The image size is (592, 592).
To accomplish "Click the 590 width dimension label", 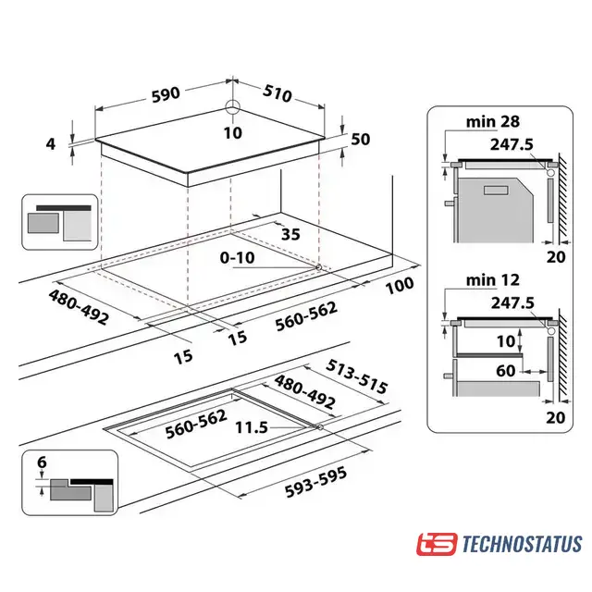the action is [166, 94].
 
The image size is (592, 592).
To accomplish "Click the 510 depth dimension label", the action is [277, 93].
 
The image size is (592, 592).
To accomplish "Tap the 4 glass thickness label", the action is [51, 144].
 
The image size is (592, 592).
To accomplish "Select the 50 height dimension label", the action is [361, 140].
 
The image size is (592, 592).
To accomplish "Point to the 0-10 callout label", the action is [238, 258].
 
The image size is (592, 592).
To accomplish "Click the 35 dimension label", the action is [290, 234].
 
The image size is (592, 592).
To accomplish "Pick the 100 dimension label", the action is [400, 285].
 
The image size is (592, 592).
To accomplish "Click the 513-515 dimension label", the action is [357, 376].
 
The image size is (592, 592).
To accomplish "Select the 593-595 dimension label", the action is [315, 483].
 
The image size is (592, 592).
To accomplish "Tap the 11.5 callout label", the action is [252, 427].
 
